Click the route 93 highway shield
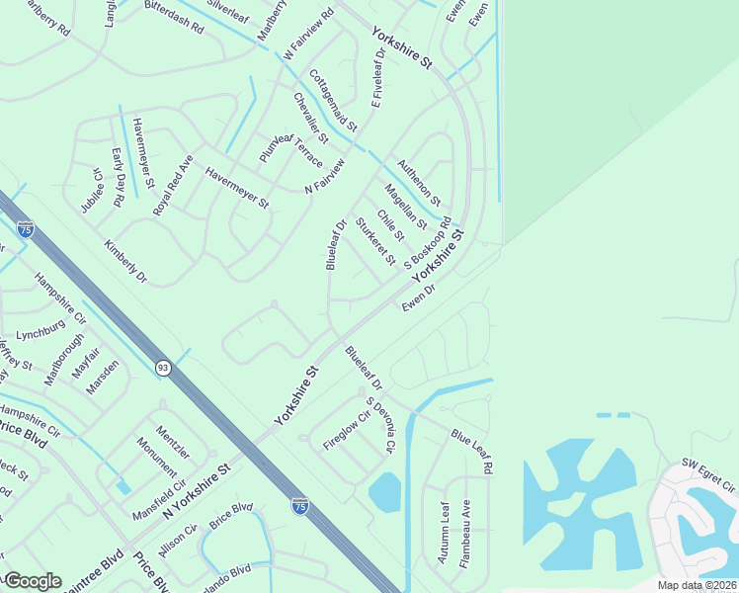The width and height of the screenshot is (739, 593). point(162,368)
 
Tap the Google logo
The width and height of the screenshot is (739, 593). point(32,581)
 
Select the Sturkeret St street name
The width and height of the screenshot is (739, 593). point(374,241)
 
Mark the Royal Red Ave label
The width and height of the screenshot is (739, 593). point(172,185)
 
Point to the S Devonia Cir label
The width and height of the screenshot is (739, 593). point(380,425)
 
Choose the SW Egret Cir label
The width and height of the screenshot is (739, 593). point(708,476)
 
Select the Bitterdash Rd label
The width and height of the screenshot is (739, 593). point(173,24)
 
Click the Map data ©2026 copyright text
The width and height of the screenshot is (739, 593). point(697,585)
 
